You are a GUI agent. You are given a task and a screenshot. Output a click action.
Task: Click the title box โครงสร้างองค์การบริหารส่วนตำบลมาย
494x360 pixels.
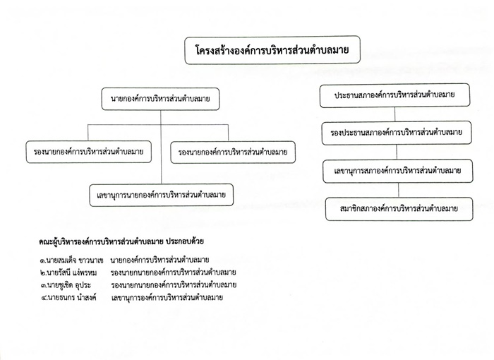(272, 50)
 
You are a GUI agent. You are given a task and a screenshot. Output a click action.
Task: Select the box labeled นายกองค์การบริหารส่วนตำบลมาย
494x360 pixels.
(160, 99)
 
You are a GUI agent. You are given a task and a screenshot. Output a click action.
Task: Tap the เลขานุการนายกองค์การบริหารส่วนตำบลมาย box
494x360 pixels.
(162, 195)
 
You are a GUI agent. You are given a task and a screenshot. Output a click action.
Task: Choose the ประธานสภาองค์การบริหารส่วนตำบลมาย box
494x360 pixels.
(394, 95)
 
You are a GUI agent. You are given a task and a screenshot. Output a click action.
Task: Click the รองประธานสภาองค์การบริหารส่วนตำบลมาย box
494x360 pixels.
(397, 133)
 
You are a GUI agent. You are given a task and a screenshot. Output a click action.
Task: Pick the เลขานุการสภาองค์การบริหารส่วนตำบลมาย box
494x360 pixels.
(398, 171)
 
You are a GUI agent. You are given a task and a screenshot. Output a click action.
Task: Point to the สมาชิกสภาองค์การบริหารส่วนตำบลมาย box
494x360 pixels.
(399, 209)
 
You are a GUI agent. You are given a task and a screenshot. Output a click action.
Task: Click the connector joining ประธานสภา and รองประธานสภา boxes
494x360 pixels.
(394, 114)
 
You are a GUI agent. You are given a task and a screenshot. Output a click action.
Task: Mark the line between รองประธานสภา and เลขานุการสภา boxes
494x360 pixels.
(397, 152)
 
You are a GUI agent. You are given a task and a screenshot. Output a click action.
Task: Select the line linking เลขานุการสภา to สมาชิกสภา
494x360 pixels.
(398, 190)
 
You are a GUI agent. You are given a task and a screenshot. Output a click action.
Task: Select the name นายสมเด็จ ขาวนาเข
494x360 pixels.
(75, 260)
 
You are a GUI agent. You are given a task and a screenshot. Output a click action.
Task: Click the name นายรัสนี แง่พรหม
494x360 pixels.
(72, 272)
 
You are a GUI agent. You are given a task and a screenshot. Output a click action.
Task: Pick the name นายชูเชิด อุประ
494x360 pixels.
(69, 285)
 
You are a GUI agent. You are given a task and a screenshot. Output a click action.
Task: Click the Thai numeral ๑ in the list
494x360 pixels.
(43, 261)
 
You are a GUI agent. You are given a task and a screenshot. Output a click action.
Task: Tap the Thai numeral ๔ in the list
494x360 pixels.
(44, 298)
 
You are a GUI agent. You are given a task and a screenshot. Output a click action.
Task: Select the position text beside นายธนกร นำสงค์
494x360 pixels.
(167, 298)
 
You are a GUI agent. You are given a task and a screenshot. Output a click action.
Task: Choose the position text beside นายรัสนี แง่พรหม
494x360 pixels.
(174, 272)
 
